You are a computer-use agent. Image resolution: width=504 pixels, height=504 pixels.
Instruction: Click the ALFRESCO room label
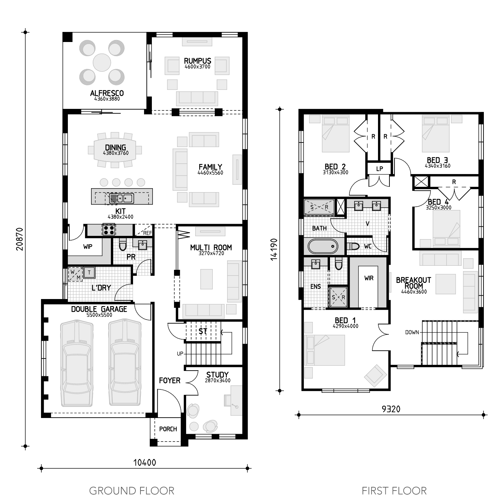(x=107, y=93)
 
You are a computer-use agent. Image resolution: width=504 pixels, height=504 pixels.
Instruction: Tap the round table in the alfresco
(x=102, y=62)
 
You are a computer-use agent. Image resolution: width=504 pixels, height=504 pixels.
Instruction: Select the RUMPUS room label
(x=198, y=61)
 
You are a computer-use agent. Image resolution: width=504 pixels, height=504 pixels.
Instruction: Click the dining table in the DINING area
(x=115, y=150)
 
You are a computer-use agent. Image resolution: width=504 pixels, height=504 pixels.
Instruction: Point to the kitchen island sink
(x=121, y=198)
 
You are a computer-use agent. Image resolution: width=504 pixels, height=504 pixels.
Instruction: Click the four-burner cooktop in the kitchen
(x=109, y=230)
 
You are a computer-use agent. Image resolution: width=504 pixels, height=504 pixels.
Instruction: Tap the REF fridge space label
(x=148, y=233)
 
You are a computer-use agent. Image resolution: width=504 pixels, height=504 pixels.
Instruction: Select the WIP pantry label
(x=88, y=247)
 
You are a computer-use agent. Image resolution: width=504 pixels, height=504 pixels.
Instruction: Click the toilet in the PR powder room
(x=123, y=245)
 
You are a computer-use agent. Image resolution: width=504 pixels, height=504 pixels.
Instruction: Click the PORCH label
(x=168, y=429)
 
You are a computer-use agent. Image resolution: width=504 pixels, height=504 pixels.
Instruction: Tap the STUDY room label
(x=217, y=375)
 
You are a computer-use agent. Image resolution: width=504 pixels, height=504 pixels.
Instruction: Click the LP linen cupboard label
(x=380, y=169)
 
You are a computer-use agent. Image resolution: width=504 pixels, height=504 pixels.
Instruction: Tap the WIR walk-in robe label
(x=369, y=278)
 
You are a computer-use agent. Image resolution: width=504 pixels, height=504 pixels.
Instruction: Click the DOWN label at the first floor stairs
(x=412, y=332)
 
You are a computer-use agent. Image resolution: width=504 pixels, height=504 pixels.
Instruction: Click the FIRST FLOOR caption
(x=394, y=491)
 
